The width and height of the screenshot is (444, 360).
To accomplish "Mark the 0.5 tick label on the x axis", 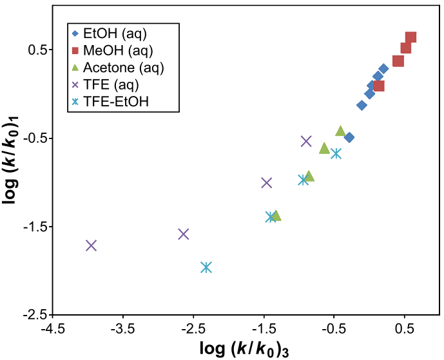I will [x=405, y=327].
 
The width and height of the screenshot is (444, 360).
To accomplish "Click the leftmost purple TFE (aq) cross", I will [x=91, y=245].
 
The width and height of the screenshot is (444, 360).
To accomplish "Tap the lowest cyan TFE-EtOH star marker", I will [x=206, y=267].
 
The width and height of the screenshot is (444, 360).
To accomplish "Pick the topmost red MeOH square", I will [x=410, y=37].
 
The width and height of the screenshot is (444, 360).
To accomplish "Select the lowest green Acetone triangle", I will [x=276, y=216].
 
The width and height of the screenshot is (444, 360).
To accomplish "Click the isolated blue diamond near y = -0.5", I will [x=349, y=137].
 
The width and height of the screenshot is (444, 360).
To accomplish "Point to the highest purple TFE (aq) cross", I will [x=306, y=141].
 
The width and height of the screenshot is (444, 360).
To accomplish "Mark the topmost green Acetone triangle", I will [x=340, y=131].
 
